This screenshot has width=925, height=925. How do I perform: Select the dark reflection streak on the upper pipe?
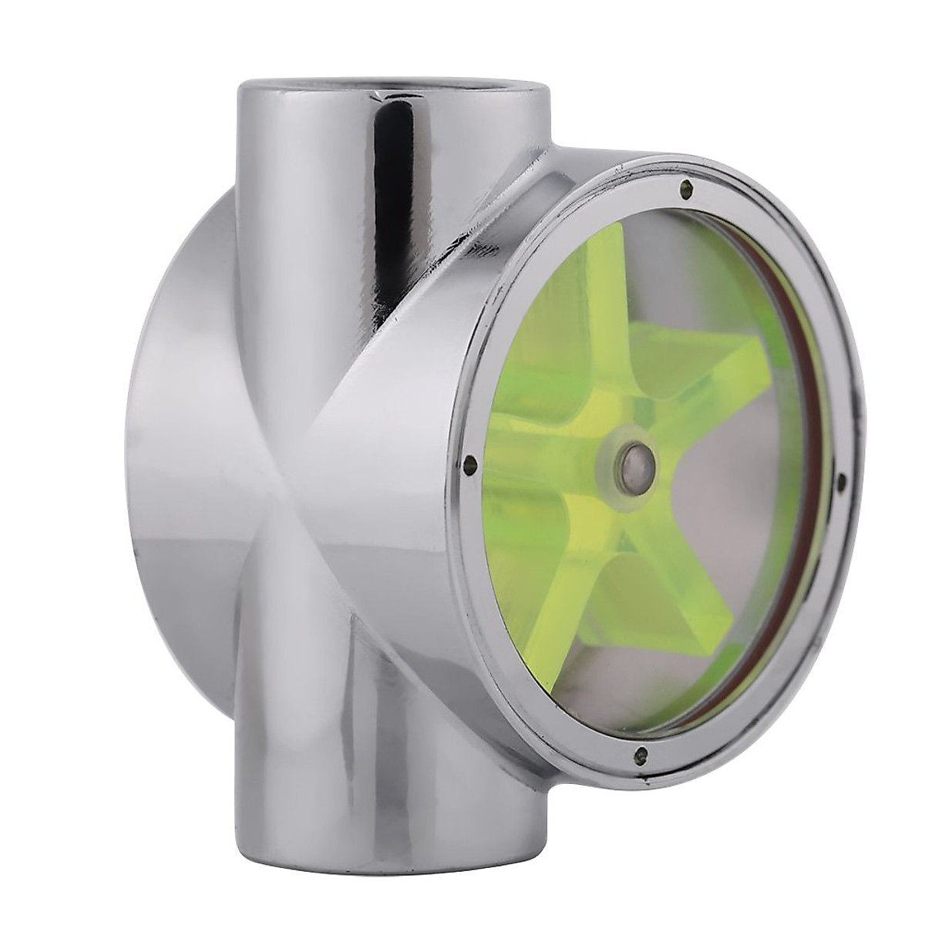389,154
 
